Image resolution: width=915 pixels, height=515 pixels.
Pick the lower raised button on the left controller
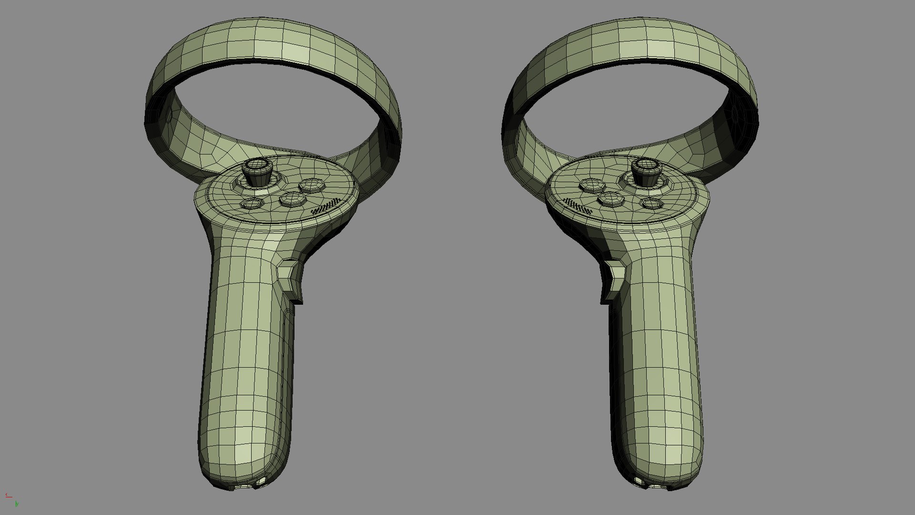291,199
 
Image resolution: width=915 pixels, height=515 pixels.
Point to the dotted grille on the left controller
326,206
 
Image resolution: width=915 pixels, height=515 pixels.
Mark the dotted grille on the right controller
578,206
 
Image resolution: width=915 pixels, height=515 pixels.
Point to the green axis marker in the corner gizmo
17,503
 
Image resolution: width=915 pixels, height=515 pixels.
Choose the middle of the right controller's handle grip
655,362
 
